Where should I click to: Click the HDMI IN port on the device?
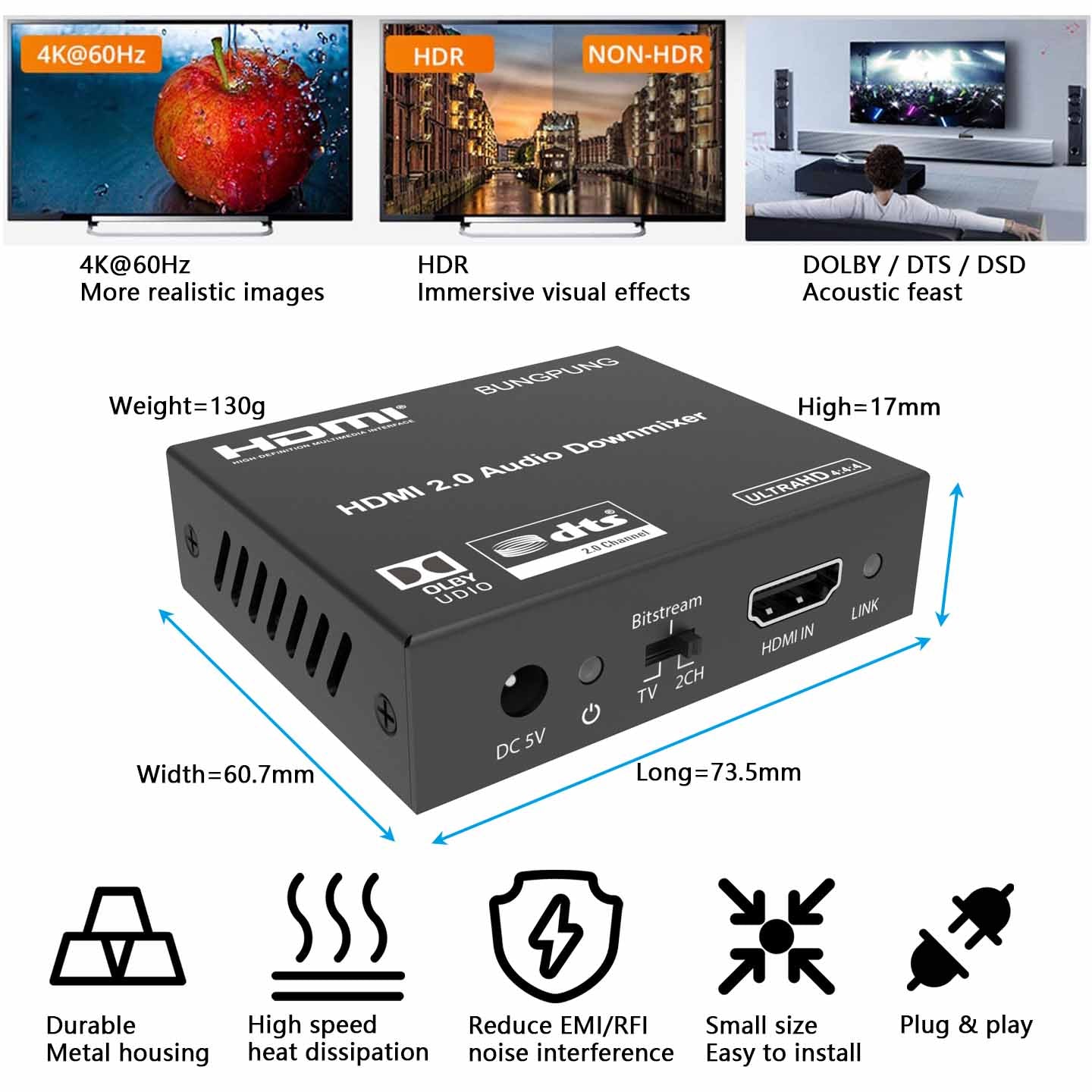click(794, 595)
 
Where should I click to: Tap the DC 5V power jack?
click(523, 690)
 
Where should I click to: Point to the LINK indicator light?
click(873, 565)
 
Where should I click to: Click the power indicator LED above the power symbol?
click(590, 669)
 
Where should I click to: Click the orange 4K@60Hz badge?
click(91, 55)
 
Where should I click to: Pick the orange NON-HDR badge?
click(645, 54)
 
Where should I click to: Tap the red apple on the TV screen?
click(227, 129)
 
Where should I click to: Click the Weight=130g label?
click(187, 406)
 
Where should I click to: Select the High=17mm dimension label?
click(868, 407)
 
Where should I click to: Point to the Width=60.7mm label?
click(225, 774)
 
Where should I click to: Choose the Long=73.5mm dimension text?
click(718, 772)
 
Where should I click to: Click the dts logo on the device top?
click(566, 539)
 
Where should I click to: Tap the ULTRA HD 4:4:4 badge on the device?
click(801, 482)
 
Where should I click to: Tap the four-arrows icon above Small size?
click(776, 937)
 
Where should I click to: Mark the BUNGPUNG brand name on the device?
click(546, 376)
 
